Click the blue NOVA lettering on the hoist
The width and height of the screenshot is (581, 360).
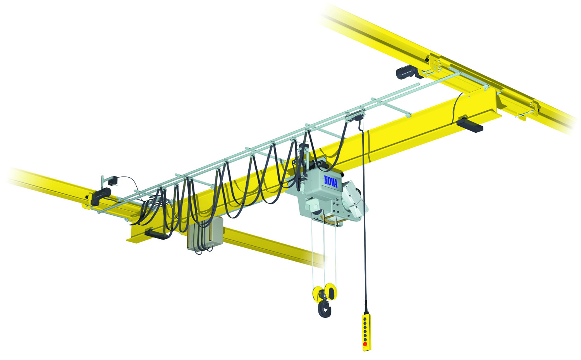[x=331, y=181]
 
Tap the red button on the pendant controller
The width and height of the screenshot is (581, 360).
[x=365, y=344]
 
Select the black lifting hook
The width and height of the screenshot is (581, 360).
[x=325, y=309]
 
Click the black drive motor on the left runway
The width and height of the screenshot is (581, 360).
[x=101, y=197]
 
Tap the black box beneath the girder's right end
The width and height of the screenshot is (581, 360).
[x=469, y=125]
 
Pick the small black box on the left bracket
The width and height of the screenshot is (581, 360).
[x=113, y=181]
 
